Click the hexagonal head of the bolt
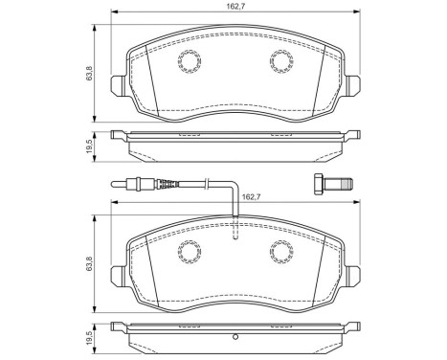coord(320,184)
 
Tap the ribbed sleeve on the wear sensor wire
coord(165,182)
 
